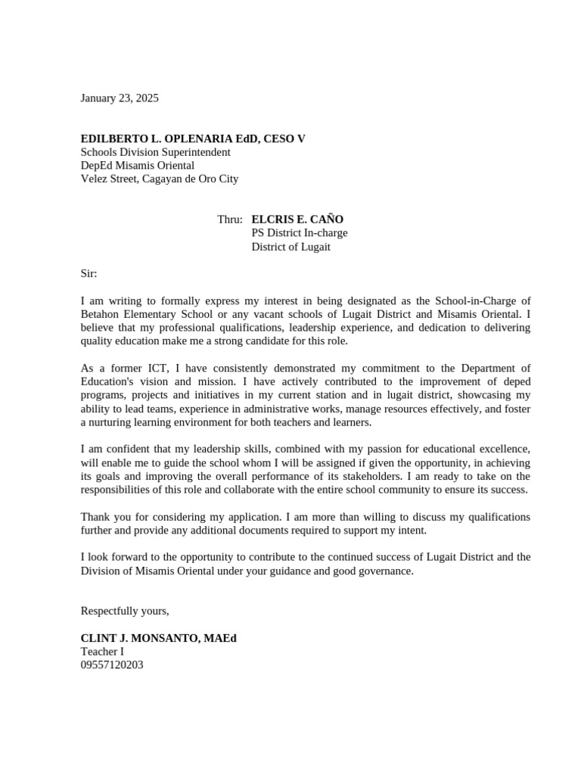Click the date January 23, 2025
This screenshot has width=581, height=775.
pos(120,98)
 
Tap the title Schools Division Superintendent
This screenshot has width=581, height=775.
pos(156,152)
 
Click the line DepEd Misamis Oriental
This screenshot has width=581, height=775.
pos(138,166)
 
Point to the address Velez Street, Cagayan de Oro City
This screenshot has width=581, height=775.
pos(160,179)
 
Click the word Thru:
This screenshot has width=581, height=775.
pos(230,219)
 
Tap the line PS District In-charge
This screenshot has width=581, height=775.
pos(300,233)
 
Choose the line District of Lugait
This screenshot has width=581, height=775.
pos(290,247)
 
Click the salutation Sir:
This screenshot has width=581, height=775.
pos(89,273)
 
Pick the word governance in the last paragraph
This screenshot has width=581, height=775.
pos(382,571)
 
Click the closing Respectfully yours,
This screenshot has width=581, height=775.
pos(125,611)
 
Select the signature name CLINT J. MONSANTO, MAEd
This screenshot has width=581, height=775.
pos(159,638)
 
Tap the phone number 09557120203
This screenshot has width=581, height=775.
pos(112,665)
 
